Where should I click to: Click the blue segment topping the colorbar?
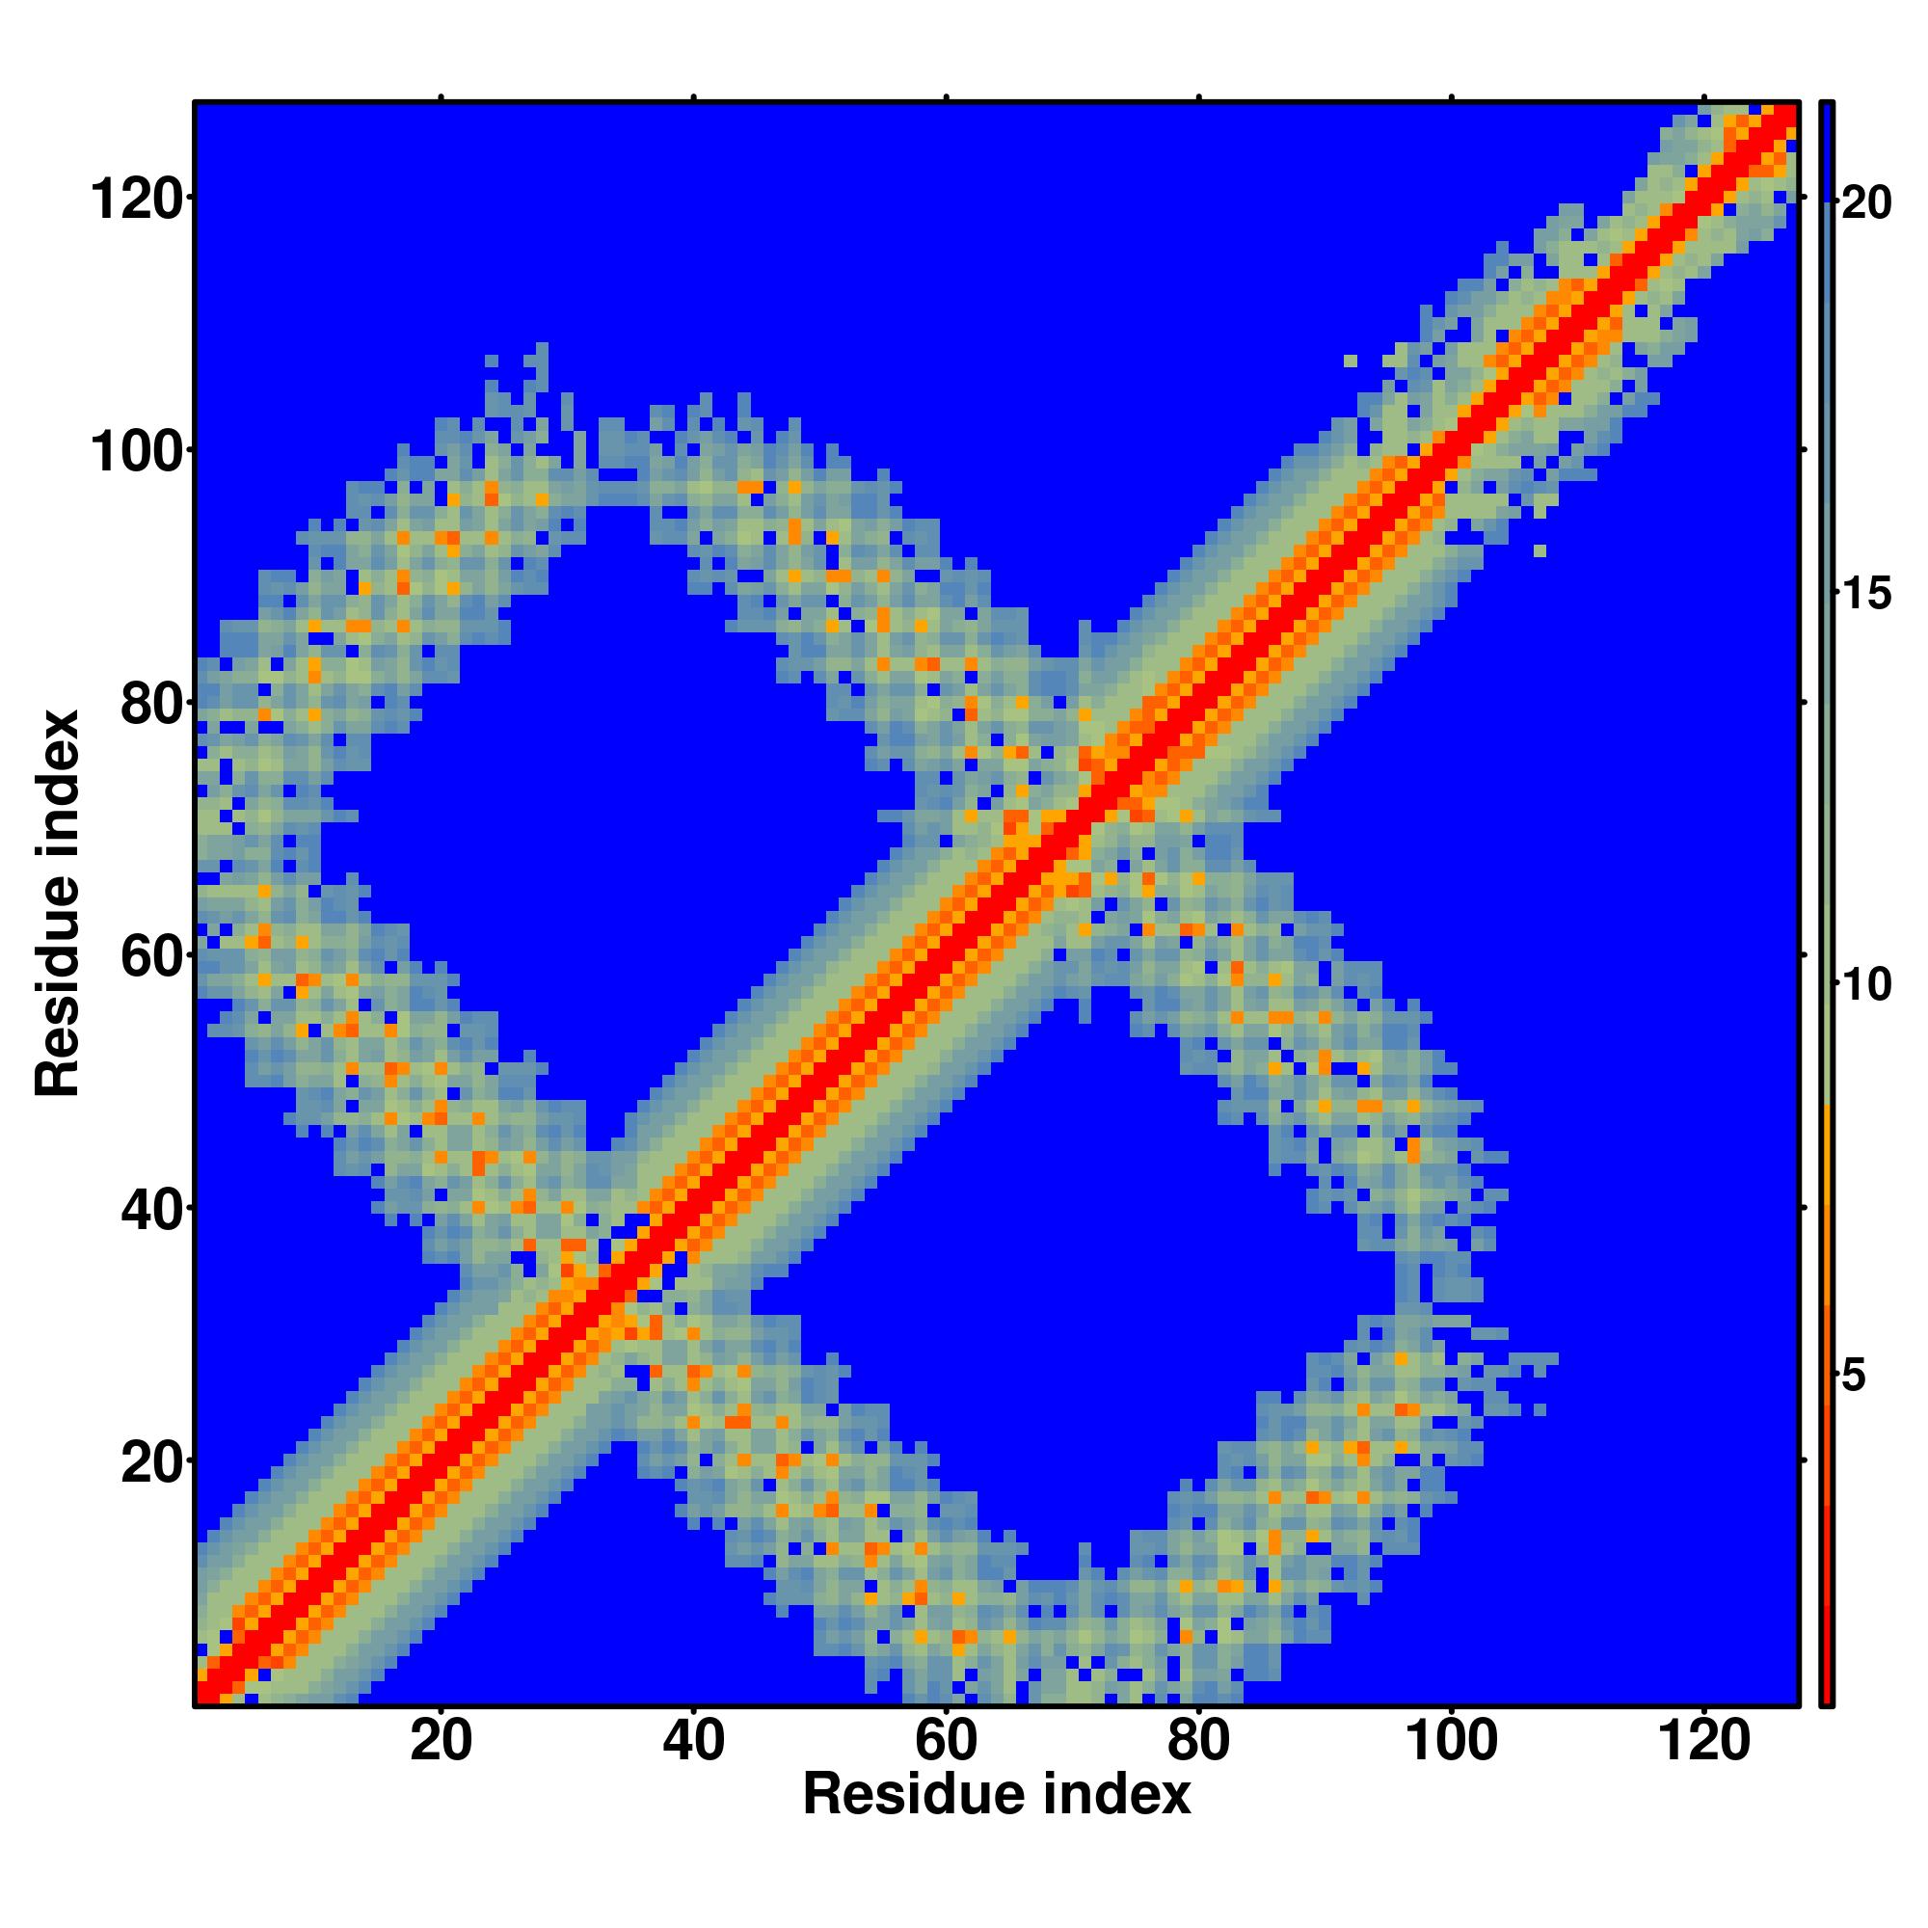pyautogui.click(x=1826, y=149)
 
